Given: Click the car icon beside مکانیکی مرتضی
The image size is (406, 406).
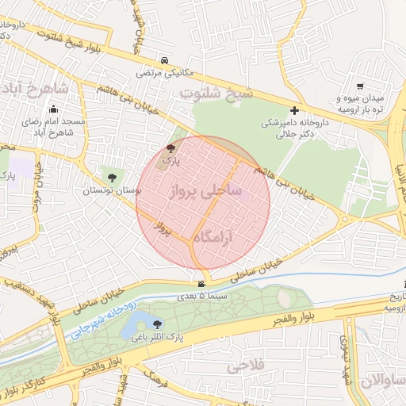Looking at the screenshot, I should (x=163, y=61).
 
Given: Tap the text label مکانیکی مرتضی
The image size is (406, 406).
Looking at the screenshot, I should (x=163, y=73).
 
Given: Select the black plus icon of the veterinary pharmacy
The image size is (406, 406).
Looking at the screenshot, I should (x=294, y=111).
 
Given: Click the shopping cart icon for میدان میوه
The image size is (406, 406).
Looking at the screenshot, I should (x=360, y=86).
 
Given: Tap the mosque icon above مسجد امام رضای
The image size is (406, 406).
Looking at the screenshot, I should (x=53, y=109).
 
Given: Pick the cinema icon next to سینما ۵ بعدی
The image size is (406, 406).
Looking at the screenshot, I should (x=201, y=285).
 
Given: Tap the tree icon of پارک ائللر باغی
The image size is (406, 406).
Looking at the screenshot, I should (x=157, y=324).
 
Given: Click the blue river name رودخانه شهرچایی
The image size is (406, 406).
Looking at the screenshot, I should (x=106, y=322).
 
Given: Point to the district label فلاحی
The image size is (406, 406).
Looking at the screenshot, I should (x=245, y=366).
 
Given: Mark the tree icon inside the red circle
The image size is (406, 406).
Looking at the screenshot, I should (x=170, y=148).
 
